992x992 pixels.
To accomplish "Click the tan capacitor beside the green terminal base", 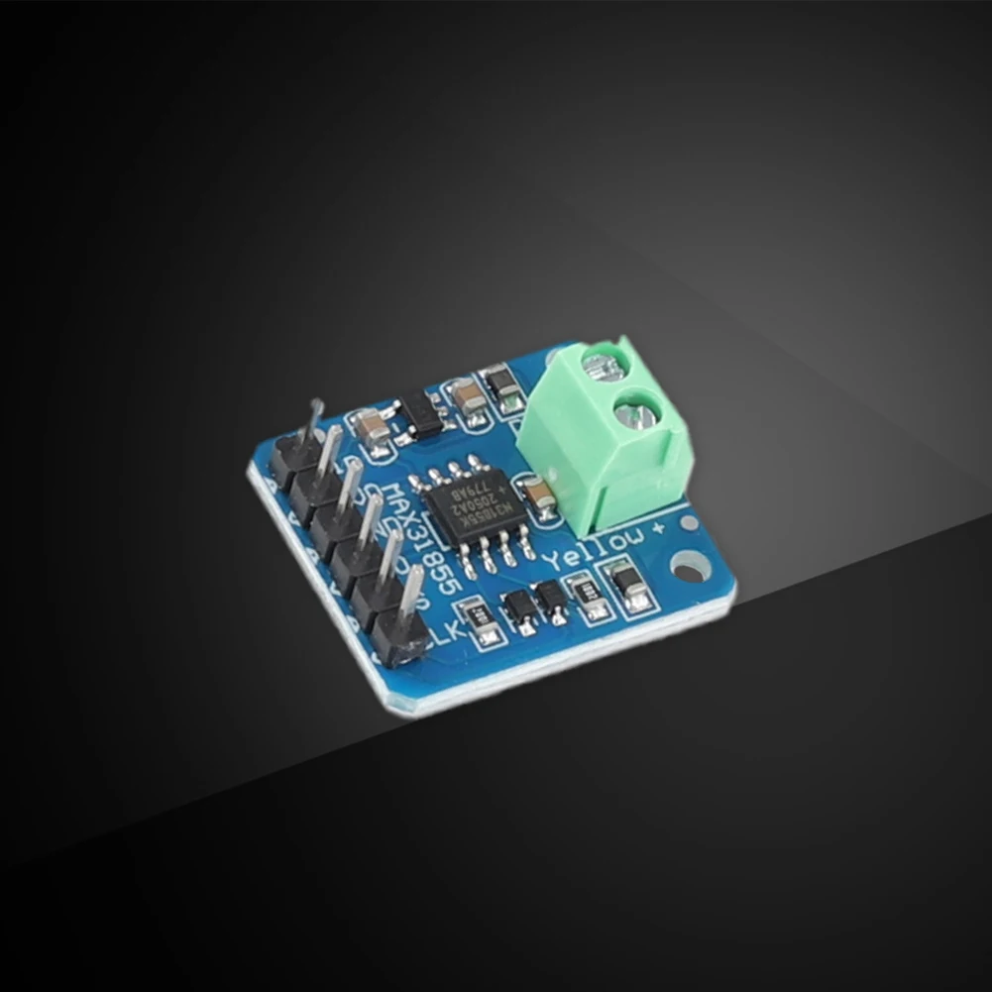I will (540, 496).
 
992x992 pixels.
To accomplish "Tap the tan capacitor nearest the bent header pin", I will (372, 427).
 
